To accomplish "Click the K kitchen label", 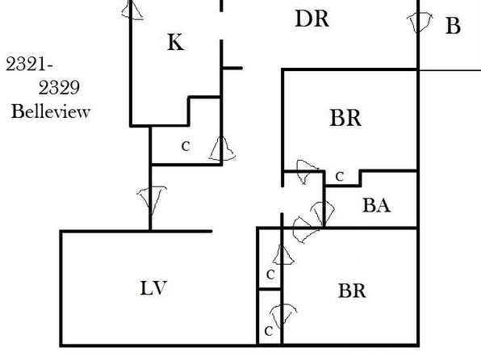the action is pyautogui.click(x=176, y=42).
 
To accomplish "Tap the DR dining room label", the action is pyautogui.click(x=312, y=19).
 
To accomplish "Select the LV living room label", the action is pyautogui.click(x=153, y=288).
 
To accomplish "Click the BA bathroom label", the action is pyautogui.click(x=376, y=205).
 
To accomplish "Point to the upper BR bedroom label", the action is pyautogui.click(x=345, y=118).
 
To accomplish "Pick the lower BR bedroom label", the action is pyautogui.click(x=352, y=291).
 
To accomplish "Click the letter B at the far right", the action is pyautogui.click(x=453, y=26).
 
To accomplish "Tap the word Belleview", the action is pyautogui.click(x=51, y=111).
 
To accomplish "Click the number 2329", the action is pyautogui.click(x=59, y=87).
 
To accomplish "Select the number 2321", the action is pyautogui.click(x=29, y=65).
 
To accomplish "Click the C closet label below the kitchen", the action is pyautogui.click(x=186, y=146).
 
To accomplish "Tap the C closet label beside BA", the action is pyautogui.click(x=340, y=177).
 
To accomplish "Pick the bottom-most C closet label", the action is pyautogui.click(x=269, y=331).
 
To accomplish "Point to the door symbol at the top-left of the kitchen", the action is pyautogui.click(x=132, y=10).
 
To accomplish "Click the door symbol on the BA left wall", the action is pyautogui.click(x=323, y=213).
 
